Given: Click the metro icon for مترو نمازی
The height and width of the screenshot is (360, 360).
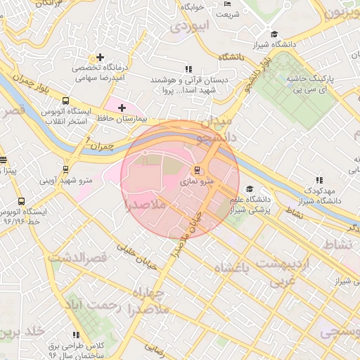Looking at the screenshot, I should pyautogui.click(x=196, y=169).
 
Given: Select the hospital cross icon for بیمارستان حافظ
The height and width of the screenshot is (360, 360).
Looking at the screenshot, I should pyautogui.click(x=122, y=108).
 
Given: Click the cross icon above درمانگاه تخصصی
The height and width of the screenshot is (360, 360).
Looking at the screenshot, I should pyautogui.click(x=101, y=57).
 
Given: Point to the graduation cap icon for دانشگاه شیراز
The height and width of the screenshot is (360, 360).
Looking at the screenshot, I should pyautogui.click(x=274, y=34).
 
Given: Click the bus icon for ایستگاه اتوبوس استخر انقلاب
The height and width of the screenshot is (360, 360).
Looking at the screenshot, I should pyautogui.click(x=65, y=101).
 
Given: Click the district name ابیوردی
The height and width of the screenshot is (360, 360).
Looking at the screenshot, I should pyautogui.click(x=191, y=27).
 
